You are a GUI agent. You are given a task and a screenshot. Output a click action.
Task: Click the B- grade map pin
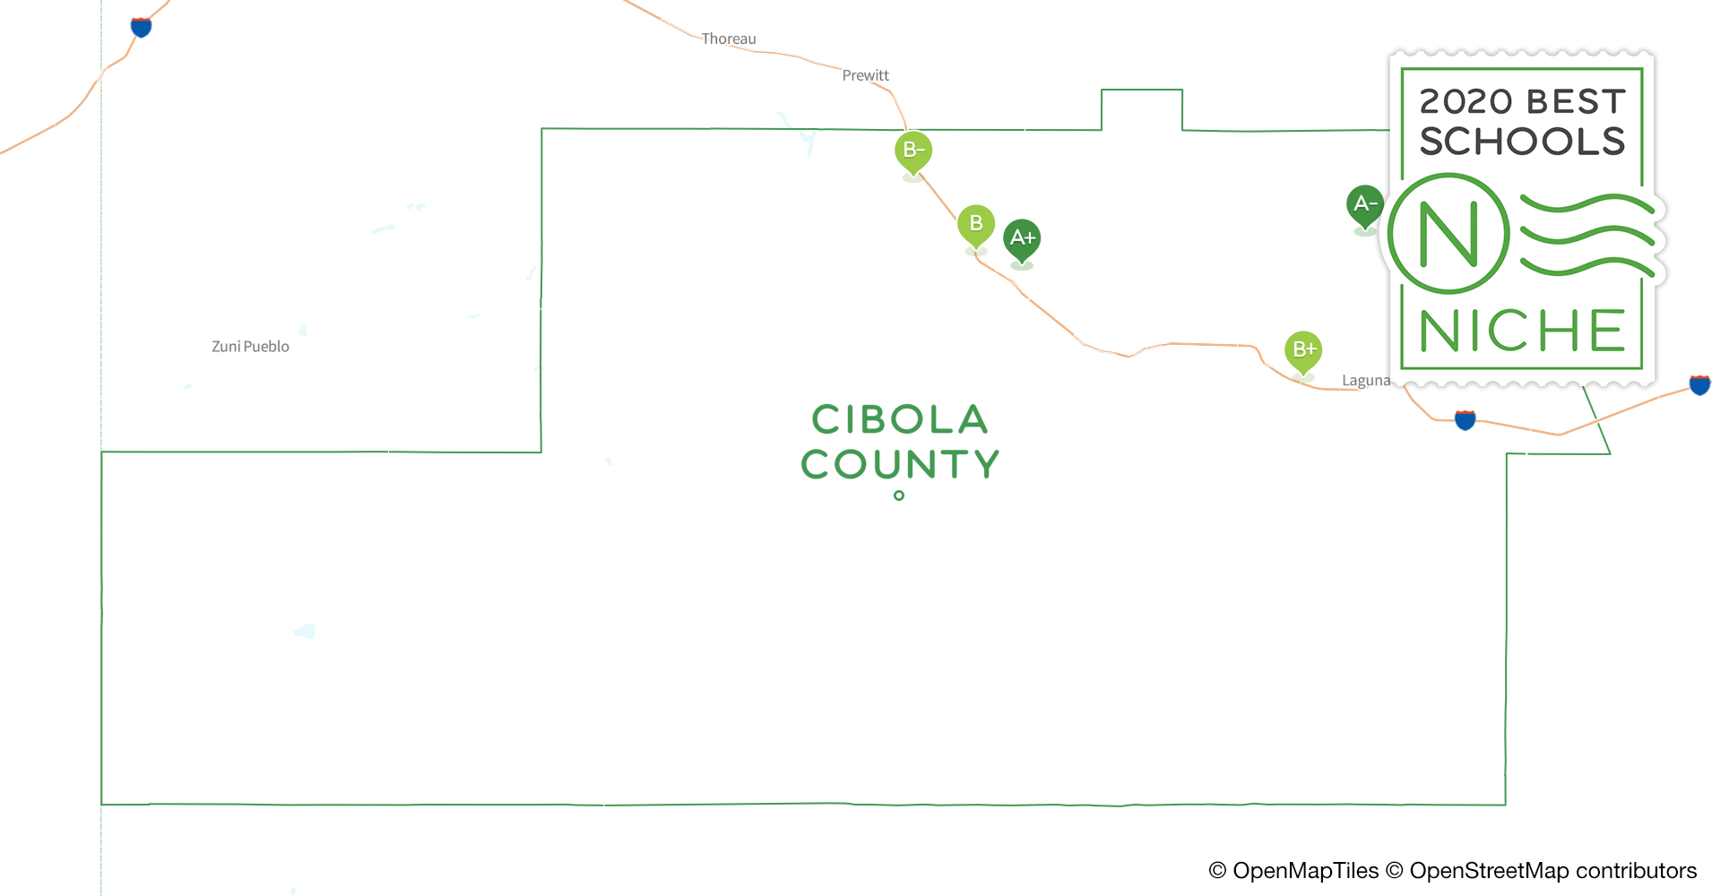coord(912,151)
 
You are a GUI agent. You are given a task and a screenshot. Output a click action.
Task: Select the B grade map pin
coord(975,224)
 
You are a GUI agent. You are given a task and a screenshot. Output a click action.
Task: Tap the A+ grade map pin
coord(1022,238)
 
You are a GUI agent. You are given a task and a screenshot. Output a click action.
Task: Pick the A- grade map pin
coord(1364,204)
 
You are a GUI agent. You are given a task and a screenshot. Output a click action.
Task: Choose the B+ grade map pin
coord(1303,349)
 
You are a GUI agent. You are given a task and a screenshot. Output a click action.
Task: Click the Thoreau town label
coord(728,39)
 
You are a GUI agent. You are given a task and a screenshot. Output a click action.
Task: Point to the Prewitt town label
coord(865,75)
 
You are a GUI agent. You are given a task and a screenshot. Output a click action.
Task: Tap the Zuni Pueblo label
coord(250,347)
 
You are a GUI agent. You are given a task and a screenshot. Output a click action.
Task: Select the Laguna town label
coord(1365,381)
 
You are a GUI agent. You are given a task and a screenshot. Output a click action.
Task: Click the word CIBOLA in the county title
coord(899,419)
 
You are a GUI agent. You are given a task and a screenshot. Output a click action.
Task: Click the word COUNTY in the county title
coord(900,464)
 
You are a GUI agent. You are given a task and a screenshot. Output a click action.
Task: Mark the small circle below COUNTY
coord(899,495)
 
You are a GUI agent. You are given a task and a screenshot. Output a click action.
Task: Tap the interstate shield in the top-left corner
coord(141,27)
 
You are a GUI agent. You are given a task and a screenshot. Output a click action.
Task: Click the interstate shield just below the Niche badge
coord(1465,419)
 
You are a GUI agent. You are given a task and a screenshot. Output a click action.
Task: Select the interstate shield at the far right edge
coord(1699,384)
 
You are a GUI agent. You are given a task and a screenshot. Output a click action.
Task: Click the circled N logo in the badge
coord(1448,235)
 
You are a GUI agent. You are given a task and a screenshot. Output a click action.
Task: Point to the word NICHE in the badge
coord(1522,331)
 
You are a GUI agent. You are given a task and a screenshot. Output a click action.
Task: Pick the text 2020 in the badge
coord(1466,101)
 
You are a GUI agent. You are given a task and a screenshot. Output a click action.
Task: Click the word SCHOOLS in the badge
coord(1522,142)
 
